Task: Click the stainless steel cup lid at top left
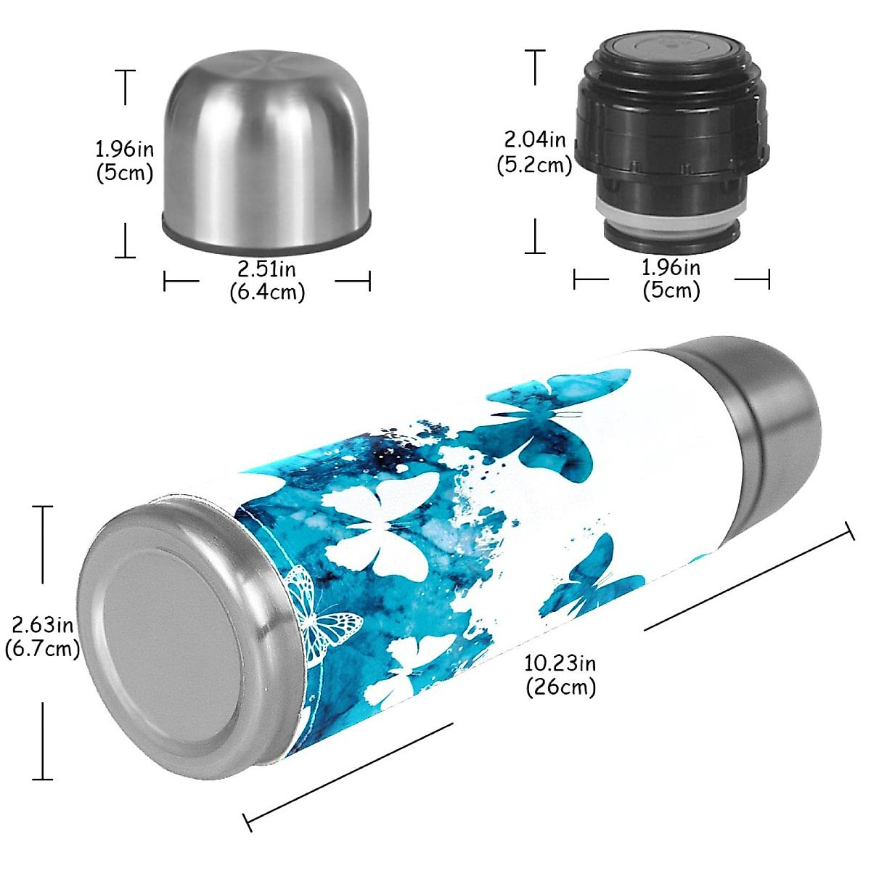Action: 266,152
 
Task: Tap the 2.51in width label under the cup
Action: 266,269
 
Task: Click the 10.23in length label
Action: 560,663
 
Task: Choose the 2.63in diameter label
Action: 42,624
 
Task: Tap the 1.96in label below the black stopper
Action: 671,267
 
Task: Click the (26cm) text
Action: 560,686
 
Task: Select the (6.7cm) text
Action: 42,648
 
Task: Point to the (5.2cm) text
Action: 535,165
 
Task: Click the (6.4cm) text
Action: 266,292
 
